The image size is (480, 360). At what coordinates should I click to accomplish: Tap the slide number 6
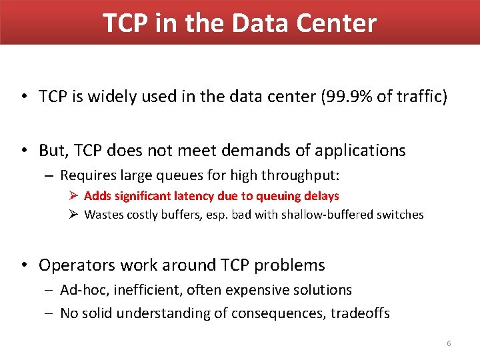tap(449, 343)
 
